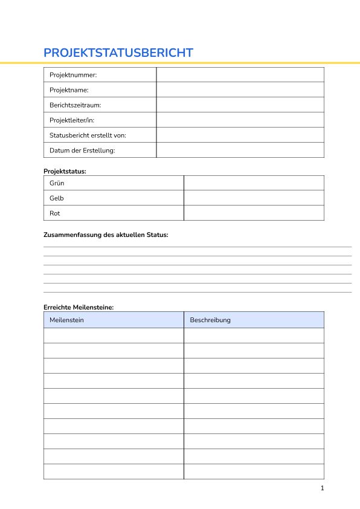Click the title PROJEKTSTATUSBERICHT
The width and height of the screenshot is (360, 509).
pos(118,53)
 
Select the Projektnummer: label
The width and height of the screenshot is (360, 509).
pos(73,75)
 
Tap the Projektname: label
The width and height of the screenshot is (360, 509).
pos(69,90)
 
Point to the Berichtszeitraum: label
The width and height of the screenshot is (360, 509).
pos(75,105)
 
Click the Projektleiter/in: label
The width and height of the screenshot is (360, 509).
pos(72,120)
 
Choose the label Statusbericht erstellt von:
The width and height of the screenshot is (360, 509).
pos(88,135)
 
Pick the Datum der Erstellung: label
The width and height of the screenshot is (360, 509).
pos(82,151)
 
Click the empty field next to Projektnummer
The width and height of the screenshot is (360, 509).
pos(240,75)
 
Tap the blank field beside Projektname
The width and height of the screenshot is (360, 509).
pos(240,90)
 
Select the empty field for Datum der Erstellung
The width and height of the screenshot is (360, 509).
pos(240,151)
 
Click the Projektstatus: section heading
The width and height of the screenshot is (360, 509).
pos(65,171)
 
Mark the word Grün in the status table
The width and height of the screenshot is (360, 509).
pos(57,183)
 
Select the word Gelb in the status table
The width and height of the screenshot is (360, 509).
pos(57,198)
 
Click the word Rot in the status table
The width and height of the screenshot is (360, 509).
pos(55,213)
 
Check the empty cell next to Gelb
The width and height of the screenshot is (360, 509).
pos(254,198)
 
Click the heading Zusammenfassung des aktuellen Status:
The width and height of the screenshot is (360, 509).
pos(106,235)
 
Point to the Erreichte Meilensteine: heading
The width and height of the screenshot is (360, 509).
pos(79,307)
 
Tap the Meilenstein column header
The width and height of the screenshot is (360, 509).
pos(66,320)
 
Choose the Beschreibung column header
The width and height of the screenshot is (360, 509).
pos(210,320)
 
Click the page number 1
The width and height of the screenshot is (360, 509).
pos(323,488)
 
